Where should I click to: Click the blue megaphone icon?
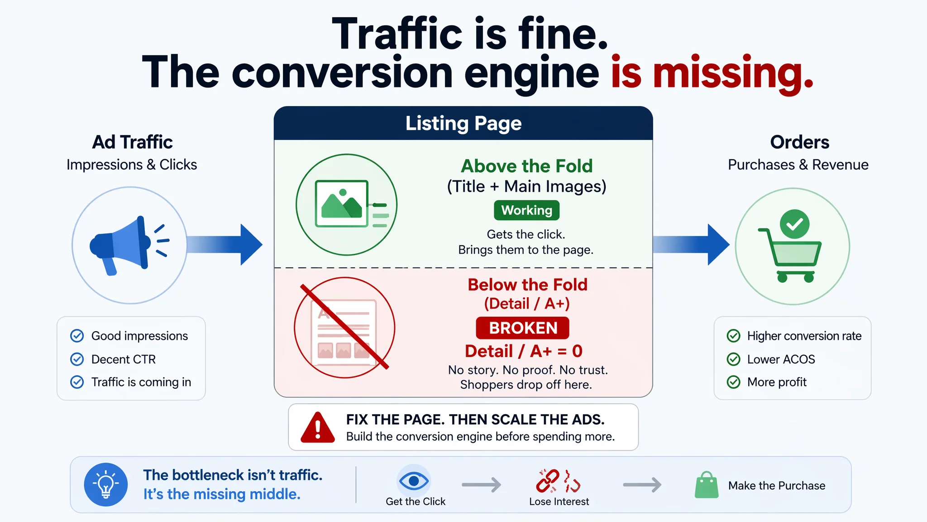point(129,245)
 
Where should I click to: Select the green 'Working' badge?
point(526,210)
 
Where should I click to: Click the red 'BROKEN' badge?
point(523,328)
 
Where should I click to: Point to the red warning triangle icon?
point(318,427)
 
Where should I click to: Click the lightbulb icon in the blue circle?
point(106,484)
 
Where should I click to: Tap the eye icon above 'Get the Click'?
point(414,480)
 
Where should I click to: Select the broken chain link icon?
point(559,481)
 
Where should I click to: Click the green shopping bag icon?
point(707,485)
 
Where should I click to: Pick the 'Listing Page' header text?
point(463,123)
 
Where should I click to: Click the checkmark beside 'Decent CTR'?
point(77,359)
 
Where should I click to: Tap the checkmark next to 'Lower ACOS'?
point(733,359)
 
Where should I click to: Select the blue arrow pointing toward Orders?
point(691,245)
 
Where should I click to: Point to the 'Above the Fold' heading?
point(527,166)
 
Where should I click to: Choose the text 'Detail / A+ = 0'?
point(524,351)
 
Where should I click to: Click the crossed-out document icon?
point(344,328)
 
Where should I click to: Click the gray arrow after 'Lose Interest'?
point(642,485)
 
